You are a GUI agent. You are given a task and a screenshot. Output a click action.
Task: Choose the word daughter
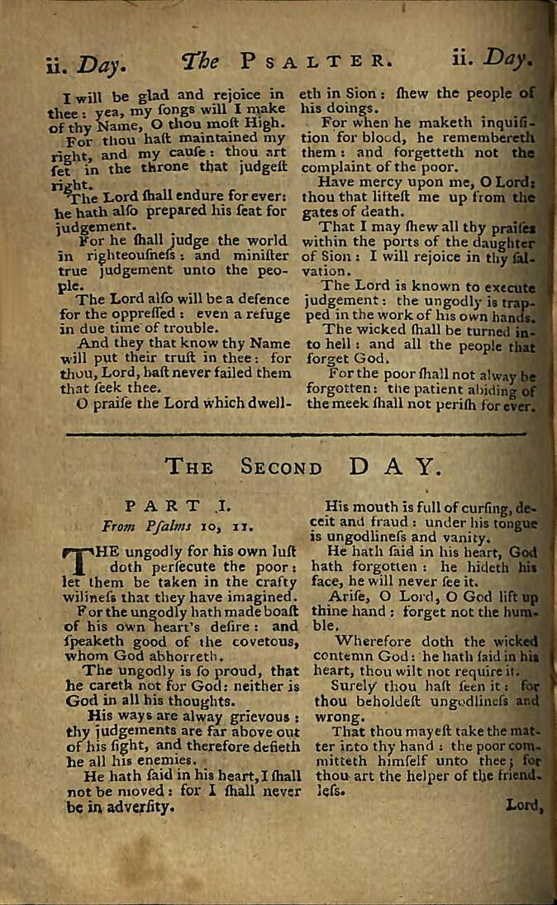pyautogui.click(x=497, y=241)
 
